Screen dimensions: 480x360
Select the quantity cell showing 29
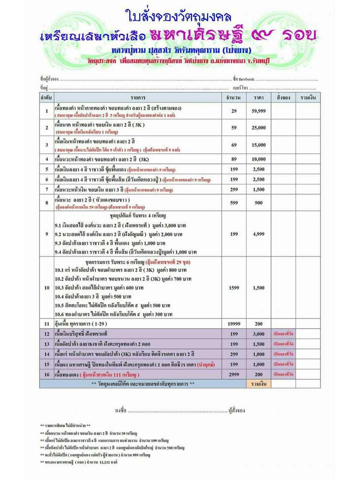[233, 111]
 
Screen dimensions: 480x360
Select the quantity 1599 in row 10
[233, 287]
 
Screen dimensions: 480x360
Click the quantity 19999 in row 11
[233, 323]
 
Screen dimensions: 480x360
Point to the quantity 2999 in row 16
[233, 374]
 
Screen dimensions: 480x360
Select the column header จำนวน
[233, 97]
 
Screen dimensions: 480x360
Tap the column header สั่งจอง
[283, 97]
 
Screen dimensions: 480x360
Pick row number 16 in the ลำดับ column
[46, 374]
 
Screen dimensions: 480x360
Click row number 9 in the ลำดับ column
[46, 234]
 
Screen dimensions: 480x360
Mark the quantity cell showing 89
[233, 159]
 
